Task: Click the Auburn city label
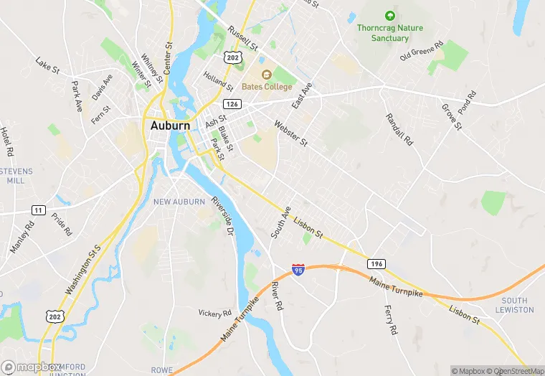pyautogui.click(x=170, y=125)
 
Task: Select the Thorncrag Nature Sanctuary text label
pyautogui.click(x=390, y=33)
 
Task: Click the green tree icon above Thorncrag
pyautogui.click(x=390, y=14)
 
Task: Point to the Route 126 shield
pyautogui.click(x=231, y=104)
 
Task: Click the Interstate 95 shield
pyautogui.click(x=298, y=270)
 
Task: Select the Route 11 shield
pyautogui.click(x=39, y=209)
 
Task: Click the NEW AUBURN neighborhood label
pyautogui.click(x=179, y=202)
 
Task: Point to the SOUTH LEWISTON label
pyautogui.click(x=514, y=305)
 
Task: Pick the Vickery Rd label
pyautogui.click(x=215, y=313)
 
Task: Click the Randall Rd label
pyautogui.click(x=399, y=130)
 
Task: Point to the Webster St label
pyautogui.click(x=290, y=133)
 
